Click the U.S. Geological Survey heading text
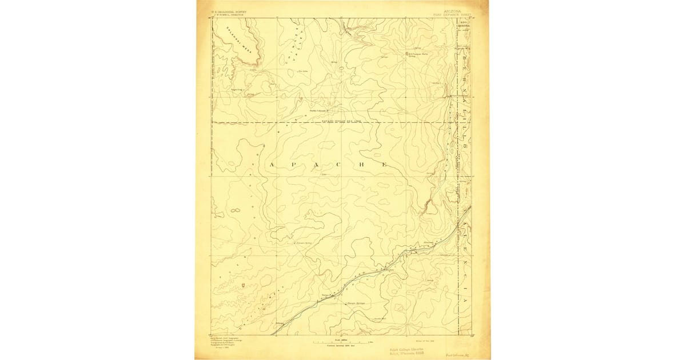point(228,9)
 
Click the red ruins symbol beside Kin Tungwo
point(407,54)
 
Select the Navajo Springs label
point(356,303)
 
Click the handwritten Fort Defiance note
point(458,354)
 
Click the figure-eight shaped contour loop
point(234,211)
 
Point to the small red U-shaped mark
point(244,284)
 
